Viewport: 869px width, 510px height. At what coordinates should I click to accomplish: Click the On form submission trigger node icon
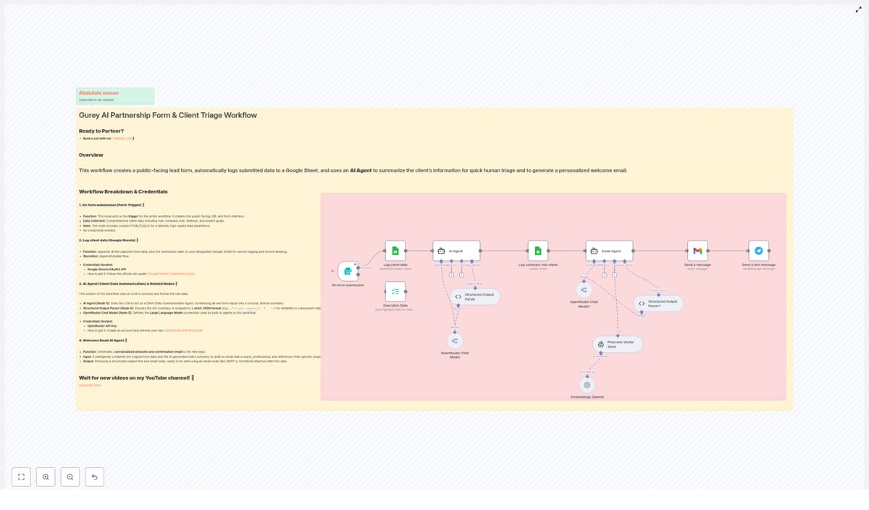click(348, 271)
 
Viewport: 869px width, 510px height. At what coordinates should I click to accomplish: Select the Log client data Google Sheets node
click(395, 251)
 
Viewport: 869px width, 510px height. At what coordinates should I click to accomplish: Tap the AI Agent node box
click(456, 251)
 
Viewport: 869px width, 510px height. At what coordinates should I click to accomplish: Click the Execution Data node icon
click(395, 291)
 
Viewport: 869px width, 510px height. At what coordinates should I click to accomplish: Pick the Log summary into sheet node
click(538, 251)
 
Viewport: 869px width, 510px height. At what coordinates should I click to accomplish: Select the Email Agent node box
click(609, 251)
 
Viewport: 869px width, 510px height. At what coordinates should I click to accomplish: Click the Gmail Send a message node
click(697, 251)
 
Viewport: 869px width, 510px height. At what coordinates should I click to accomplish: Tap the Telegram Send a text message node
click(758, 251)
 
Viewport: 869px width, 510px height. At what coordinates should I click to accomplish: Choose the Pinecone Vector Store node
click(618, 344)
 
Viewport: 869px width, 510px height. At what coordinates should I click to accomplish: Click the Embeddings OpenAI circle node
click(587, 385)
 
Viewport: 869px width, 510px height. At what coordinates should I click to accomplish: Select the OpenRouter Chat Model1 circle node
click(584, 290)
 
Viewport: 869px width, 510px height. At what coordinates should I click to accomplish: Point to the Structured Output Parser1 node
click(658, 304)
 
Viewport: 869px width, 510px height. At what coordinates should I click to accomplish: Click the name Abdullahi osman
click(98, 93)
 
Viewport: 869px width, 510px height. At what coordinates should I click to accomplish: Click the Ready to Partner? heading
click(101, 131)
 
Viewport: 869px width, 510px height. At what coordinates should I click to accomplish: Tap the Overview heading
click(91, 155)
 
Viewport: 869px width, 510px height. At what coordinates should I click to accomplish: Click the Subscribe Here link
click(90, 385)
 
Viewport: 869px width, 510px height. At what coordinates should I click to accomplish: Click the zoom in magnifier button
click(46, 477)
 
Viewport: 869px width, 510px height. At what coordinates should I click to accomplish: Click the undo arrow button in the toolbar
click(94, 477)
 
